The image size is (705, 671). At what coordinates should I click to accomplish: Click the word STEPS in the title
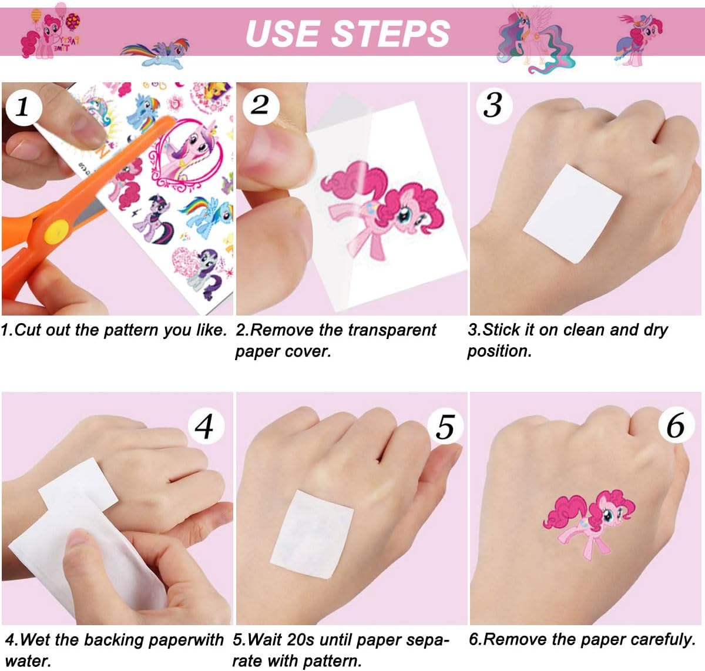[x=391, y=33]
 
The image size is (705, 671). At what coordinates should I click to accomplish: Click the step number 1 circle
[x=23, y=107]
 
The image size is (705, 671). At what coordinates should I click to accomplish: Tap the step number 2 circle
[x=261, y=106]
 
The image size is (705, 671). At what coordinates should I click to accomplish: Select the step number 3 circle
[x=493, y=106]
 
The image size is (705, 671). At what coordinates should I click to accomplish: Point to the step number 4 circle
[x=206, y=426]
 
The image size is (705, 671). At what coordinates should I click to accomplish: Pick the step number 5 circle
[x=445, y=427]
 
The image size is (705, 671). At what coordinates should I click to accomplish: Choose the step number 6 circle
[x=676, y=425]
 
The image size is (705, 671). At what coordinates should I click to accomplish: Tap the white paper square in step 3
[x=572, y=214]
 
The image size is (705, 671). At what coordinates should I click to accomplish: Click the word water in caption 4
[x=28, y=662]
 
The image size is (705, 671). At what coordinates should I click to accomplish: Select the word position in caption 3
[x=499, y=351]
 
